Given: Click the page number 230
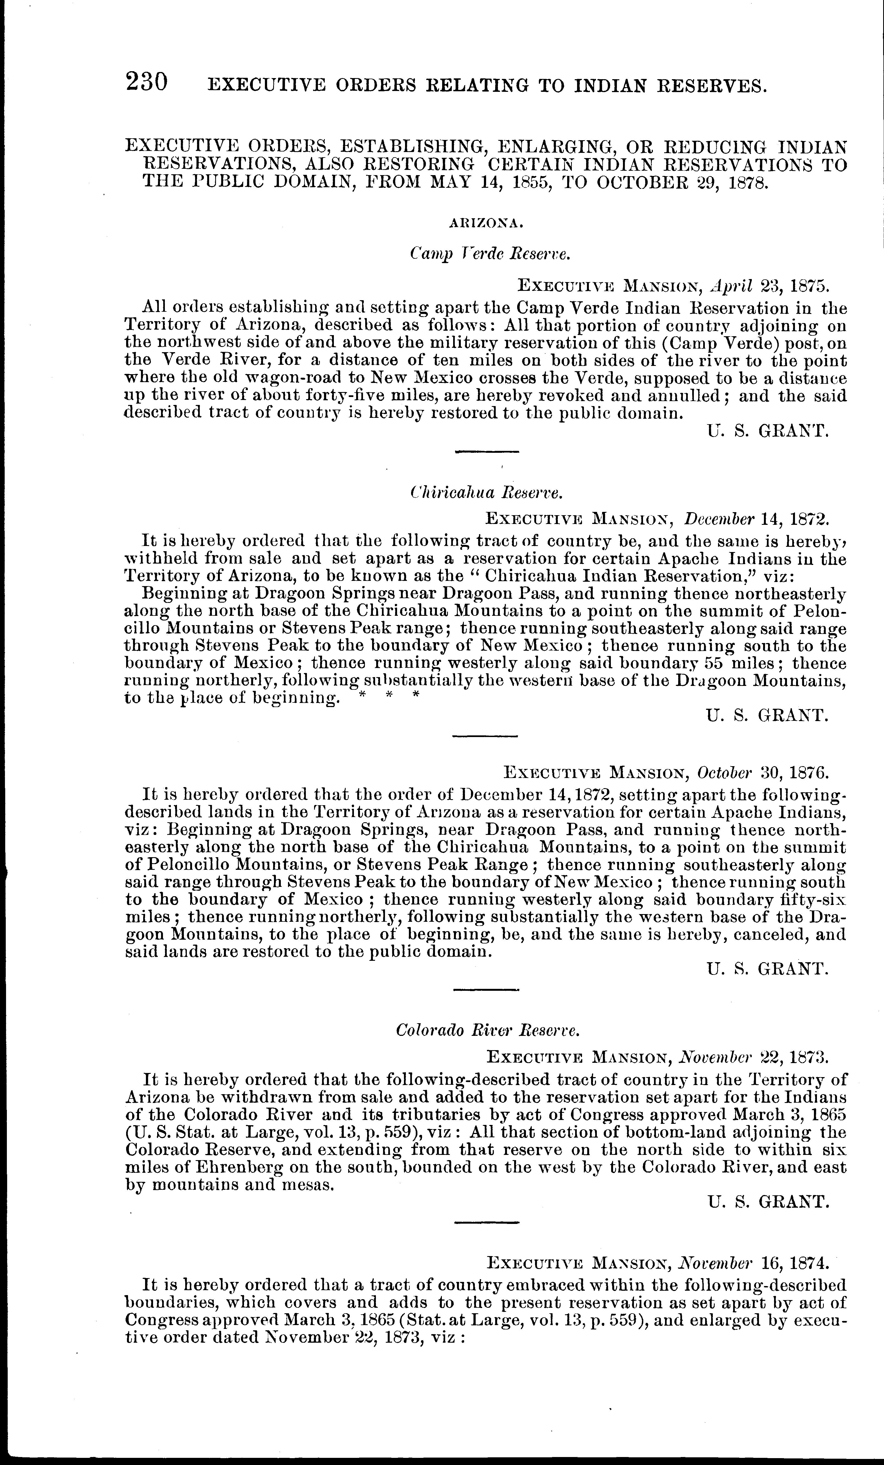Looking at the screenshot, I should coord(147,81).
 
